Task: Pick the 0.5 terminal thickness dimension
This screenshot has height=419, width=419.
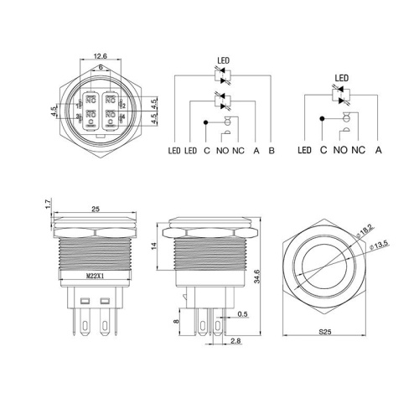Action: click(x=242, y=314)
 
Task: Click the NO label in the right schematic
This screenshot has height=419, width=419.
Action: click(x=341, y=150)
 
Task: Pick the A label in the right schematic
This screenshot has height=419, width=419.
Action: click(x=380, y=150)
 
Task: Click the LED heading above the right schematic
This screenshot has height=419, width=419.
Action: click(x=341, y=79)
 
